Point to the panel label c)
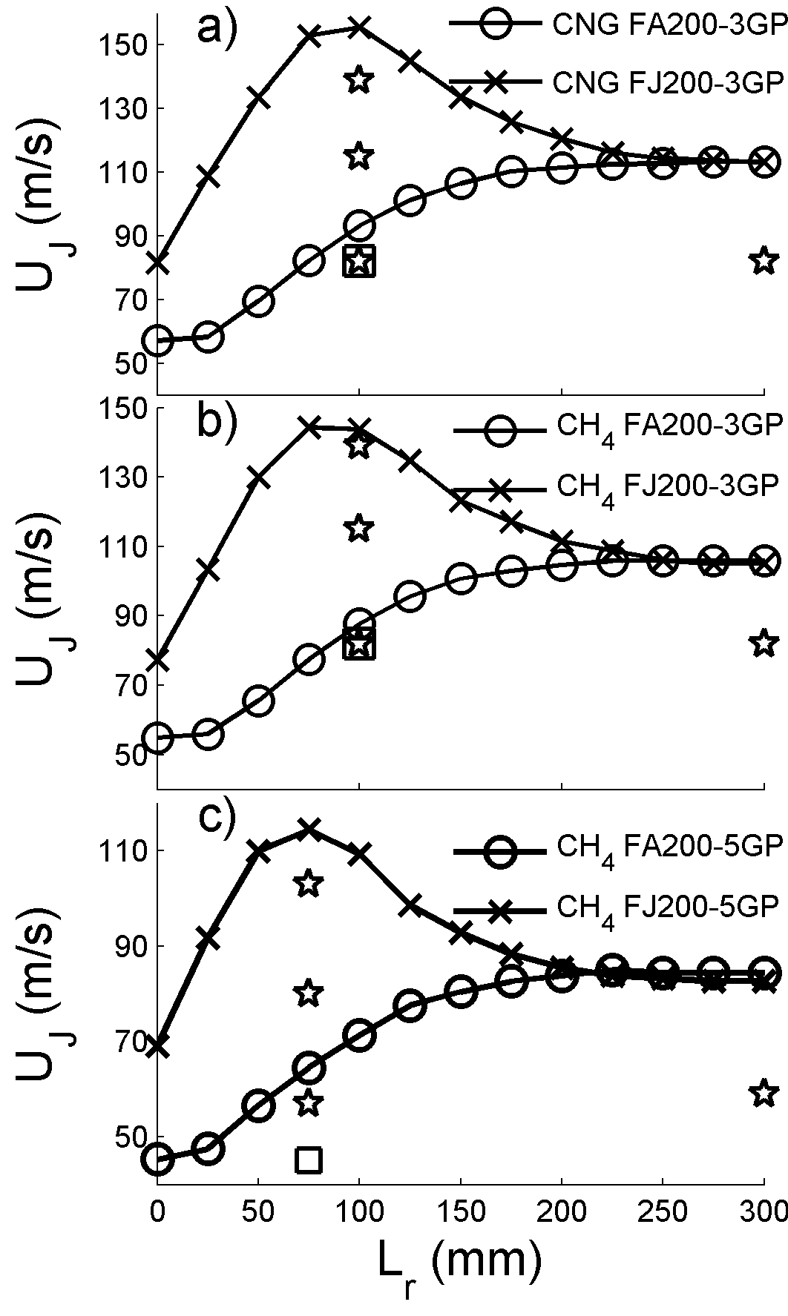(x=216, y=817)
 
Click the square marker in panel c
(x=309, y=1159)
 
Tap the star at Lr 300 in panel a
(x=764, y=261)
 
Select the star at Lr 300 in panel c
(x=764, y=1092)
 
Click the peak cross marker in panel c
(x=309, y=828)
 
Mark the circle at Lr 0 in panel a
(x=158, y=341)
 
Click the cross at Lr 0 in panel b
(x=158, y=660)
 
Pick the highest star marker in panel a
(x=359, y=79)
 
